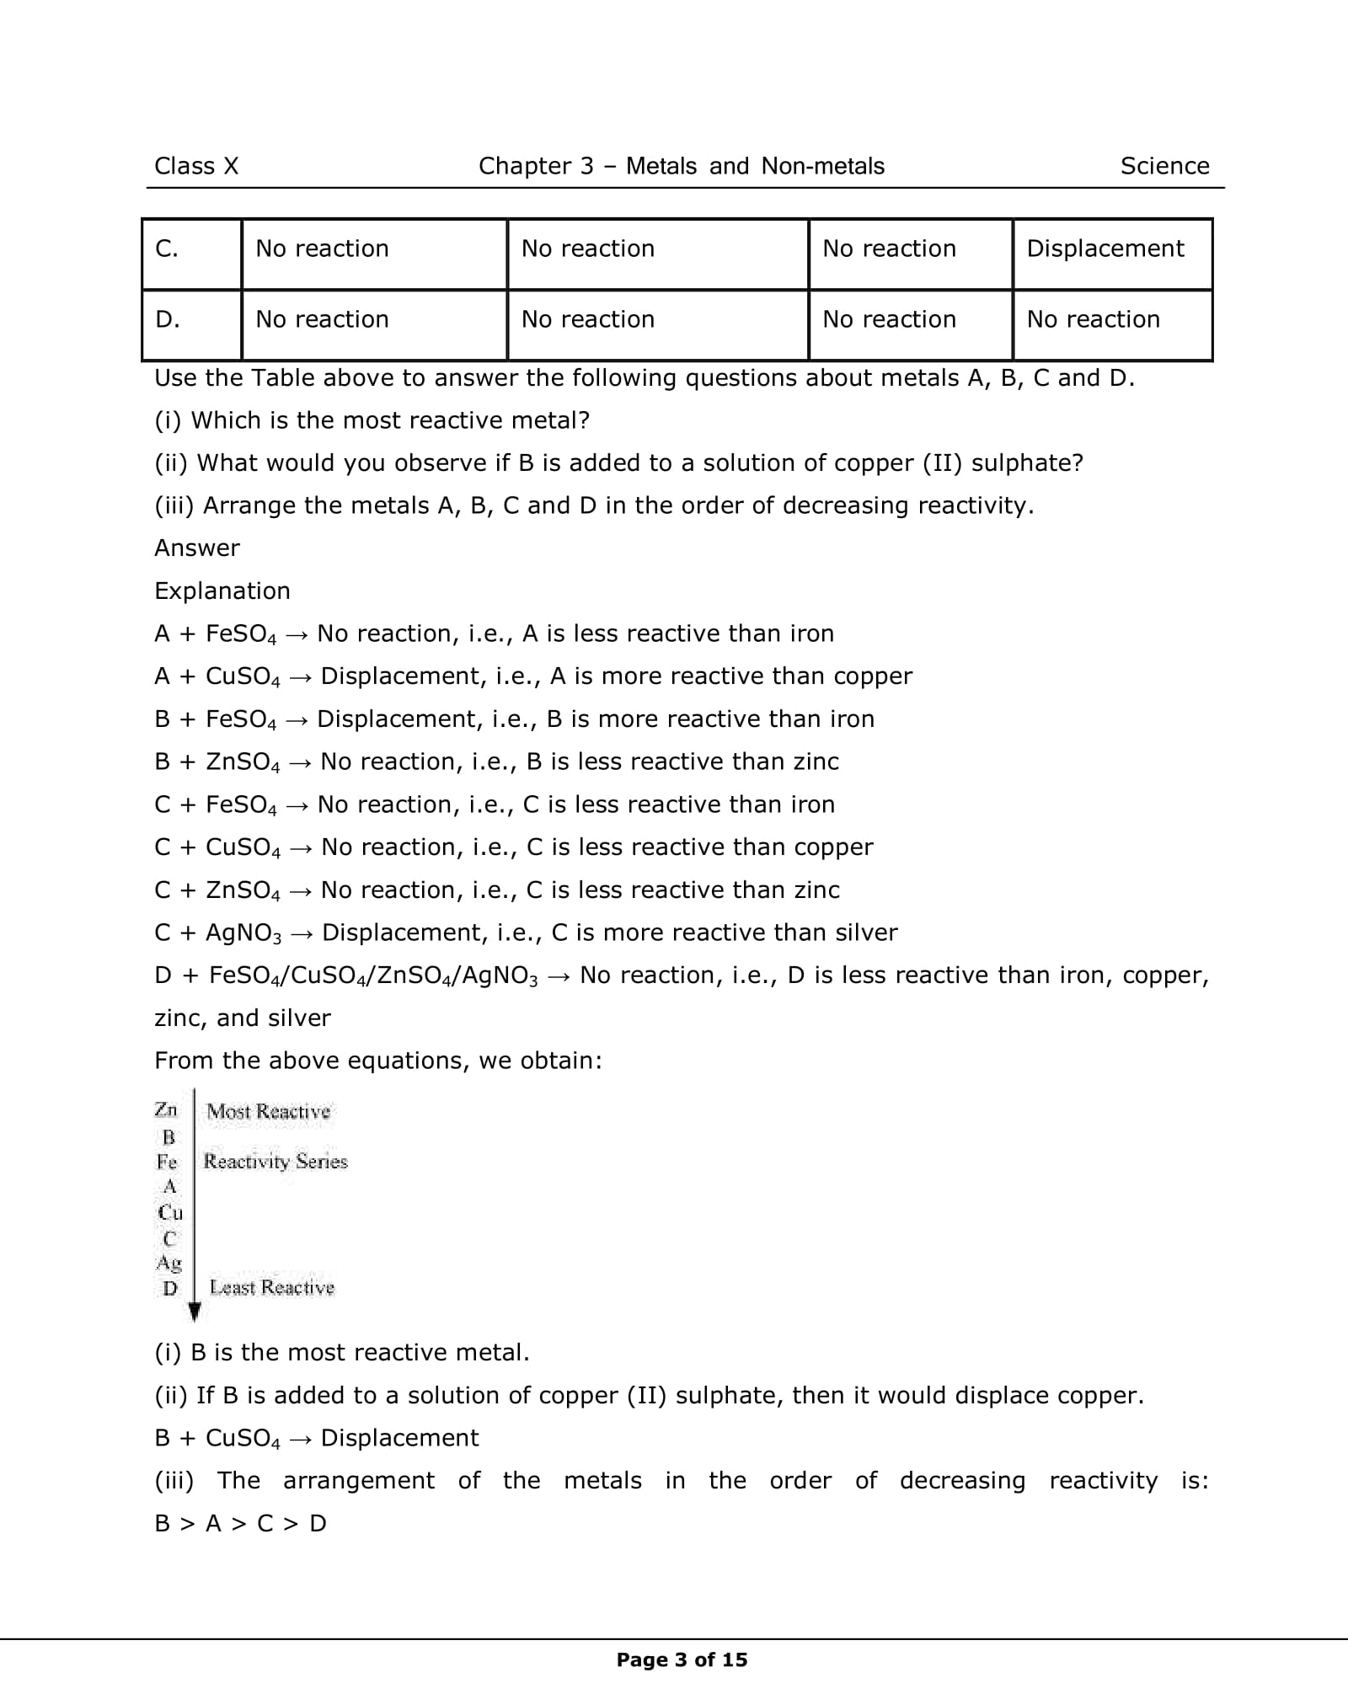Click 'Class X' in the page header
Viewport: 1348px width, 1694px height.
pos(196,166)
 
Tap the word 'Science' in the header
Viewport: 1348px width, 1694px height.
pos(1164,166)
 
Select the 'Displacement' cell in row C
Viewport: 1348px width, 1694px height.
pos(1105,248)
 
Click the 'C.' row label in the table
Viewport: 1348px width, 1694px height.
pos(167,248)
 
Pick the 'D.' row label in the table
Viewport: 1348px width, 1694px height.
pos(168,319)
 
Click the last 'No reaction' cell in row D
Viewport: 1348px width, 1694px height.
pos(1093,319)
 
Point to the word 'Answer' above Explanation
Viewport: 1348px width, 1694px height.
pos(197,548)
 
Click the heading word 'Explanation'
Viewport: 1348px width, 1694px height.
pos(222,590)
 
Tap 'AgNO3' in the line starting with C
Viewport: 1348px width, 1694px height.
pos(243,933)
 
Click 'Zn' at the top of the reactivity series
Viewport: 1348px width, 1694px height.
pos(166,1109)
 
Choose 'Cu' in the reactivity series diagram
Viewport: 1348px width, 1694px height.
pos(170,1212)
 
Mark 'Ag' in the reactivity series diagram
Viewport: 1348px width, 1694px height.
pos(169,1262)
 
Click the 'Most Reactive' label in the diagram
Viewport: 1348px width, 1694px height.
pos(269,1111)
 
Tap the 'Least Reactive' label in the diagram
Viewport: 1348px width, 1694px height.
pos(271,1287)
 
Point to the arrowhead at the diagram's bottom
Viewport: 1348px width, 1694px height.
pos(195,1311)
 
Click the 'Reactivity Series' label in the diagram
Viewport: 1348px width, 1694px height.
pos(275,1162)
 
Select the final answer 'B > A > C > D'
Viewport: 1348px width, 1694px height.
pos(241,1523)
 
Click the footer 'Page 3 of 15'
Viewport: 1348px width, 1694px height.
pos(682,1659)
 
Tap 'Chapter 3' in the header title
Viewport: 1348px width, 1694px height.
pos(536,166)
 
